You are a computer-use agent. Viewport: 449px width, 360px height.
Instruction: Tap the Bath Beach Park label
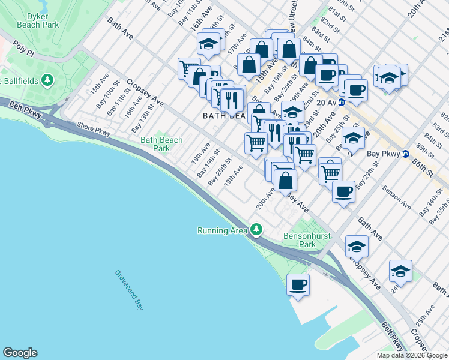(161, 144)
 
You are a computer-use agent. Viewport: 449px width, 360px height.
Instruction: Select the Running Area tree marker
(257, 229)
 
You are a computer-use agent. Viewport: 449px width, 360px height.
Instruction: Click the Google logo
(20, 353)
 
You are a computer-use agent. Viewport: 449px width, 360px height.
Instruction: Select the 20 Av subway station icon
(342, 103)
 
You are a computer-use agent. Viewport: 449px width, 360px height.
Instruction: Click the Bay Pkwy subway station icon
(406, 154)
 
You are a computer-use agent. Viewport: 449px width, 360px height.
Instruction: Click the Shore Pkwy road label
(94, 128)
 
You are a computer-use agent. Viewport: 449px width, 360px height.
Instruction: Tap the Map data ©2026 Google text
(411, 355)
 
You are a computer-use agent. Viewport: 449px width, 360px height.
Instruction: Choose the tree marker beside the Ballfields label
(47, 80)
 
